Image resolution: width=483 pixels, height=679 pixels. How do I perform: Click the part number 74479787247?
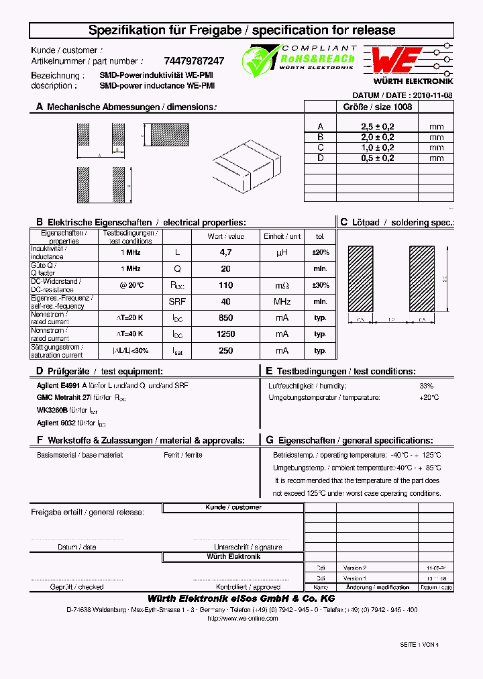point(194,60)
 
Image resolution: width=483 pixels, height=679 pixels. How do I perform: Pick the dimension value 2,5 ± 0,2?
point(378,127)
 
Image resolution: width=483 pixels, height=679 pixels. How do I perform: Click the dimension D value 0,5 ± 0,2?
point(378,158)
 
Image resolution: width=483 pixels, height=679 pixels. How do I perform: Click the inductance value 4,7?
point(226,252)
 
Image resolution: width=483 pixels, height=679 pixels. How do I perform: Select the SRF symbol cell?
point(177,301)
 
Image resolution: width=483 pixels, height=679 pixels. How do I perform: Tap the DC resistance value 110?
point(226,285)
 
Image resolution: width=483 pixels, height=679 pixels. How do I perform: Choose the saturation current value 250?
point(226,350)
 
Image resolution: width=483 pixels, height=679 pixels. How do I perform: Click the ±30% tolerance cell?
point(321,285)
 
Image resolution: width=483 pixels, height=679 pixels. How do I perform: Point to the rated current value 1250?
point(226,334)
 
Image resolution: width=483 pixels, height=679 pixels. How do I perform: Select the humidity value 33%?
point(426,386)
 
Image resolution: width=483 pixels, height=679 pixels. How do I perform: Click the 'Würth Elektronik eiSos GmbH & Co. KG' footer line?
point(241,598)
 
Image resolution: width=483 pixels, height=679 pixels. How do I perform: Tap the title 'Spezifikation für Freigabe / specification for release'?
point(242,30)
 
